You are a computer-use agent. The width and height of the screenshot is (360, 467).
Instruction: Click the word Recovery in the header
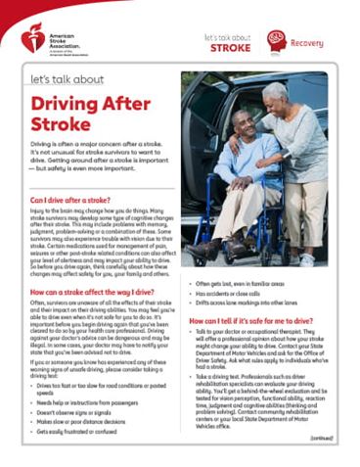(x=310, y=43)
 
